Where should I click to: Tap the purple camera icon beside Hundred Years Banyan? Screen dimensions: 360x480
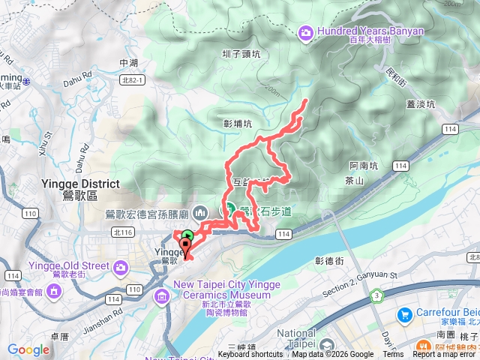305,32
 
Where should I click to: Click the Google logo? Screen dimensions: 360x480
28,349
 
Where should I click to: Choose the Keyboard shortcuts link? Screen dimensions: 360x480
250,355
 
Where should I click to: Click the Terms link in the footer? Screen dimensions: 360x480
393,355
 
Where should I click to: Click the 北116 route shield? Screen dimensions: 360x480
121,232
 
